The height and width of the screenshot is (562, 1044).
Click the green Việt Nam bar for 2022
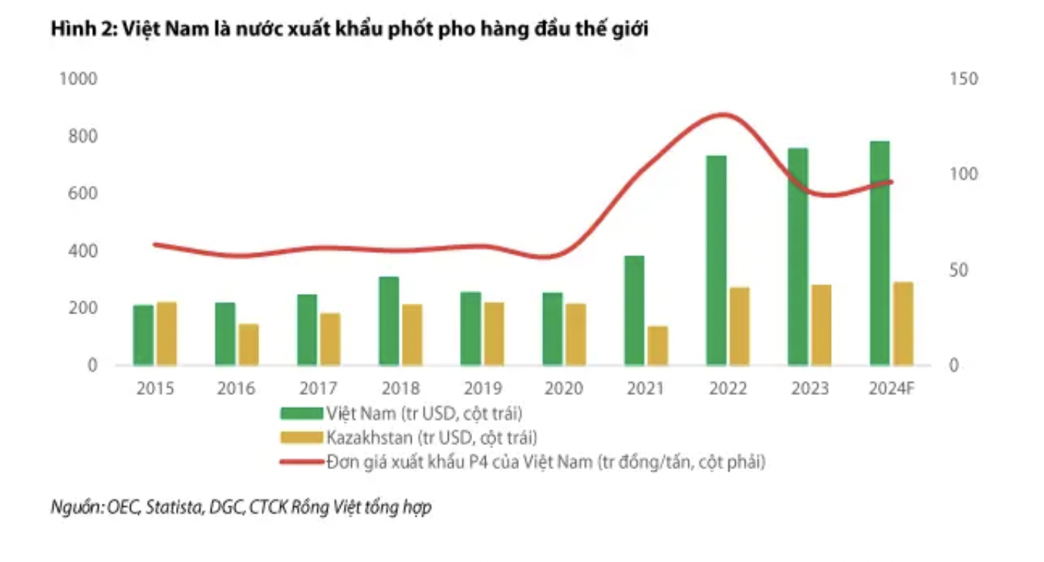tap(715, 261)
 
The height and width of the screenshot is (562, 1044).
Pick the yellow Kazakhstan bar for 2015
tap(166, 333)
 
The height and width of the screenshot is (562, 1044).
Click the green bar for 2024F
tap(879, 253)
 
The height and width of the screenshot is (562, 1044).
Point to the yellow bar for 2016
tap(249, 344)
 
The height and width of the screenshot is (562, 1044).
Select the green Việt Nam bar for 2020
tap(552, 329)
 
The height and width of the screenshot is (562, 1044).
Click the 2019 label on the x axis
tap(482, 388)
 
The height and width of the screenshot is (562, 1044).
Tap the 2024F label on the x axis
tap(891, 388)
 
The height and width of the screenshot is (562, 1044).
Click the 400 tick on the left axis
tap(84, 251)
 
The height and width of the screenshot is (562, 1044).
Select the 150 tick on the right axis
tap(963, 79)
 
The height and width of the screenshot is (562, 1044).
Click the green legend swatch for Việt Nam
tap(301, 414)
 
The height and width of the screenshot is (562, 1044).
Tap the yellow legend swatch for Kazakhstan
tap(301, 437)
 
